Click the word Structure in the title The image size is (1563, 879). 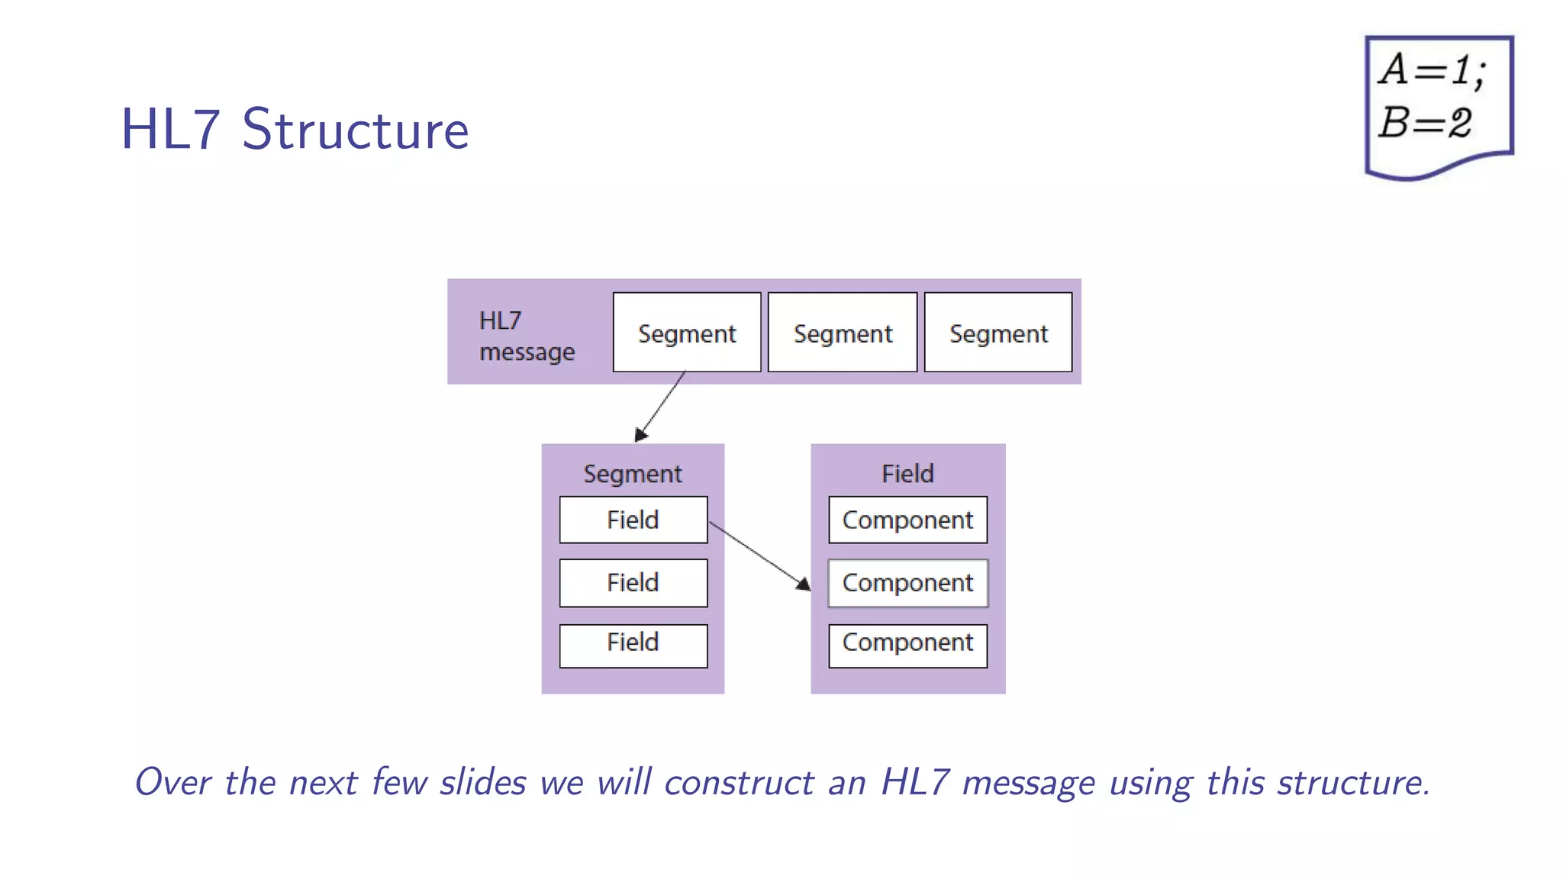[355, 130]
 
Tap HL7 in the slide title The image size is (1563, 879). [170, 130]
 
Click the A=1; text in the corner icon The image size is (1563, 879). [1432, 71]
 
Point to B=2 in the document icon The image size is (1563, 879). [1424, 123]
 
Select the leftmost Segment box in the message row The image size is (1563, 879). [687, 333]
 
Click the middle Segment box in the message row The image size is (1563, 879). [843, 333]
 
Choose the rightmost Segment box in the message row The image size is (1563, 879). [998, 333]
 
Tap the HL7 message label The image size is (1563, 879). [526, 336]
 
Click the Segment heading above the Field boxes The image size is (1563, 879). [632, 474]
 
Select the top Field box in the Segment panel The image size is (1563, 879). [633, 520]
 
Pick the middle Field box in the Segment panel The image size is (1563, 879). [633, 583]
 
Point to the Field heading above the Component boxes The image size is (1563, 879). [907, 474]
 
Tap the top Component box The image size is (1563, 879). [907, 520]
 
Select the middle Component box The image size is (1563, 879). [907, 583]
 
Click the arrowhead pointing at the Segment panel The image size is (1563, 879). [641, 434]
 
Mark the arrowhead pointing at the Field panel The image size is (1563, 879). [803, 584]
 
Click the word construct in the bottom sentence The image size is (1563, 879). [739, 783]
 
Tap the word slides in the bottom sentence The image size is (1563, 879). [483, 783]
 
